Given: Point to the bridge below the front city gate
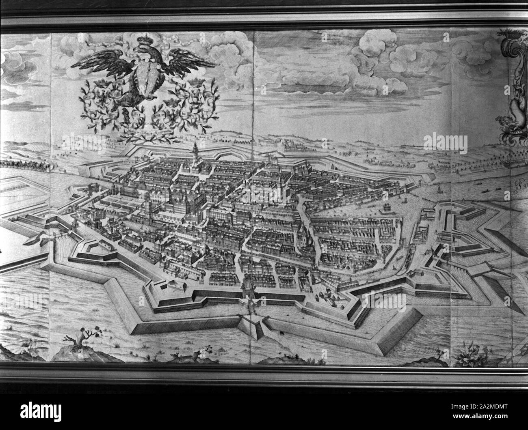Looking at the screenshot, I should click(249, 310).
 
